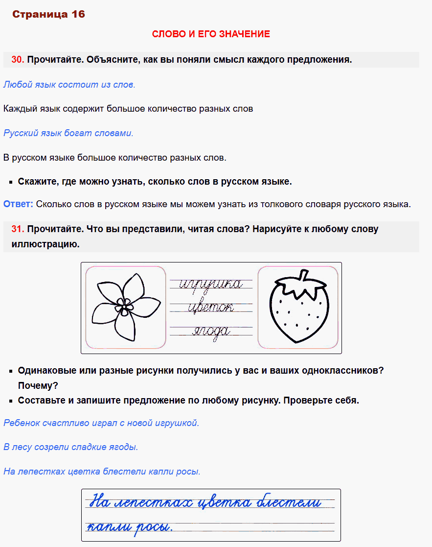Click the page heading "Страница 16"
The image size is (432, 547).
48,14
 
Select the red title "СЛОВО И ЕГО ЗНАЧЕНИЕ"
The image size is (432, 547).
211,34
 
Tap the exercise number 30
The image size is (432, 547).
18,60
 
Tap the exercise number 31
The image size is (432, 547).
18,229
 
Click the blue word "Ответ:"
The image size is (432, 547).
18,204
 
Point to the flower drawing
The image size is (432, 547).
125,307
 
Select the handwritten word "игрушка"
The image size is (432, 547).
211,284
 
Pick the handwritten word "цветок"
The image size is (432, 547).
211,307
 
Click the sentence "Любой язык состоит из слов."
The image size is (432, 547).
69,85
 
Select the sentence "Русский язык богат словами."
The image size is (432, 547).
68,133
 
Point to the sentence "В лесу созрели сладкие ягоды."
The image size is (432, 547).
71,447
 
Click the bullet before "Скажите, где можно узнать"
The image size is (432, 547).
11,182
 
